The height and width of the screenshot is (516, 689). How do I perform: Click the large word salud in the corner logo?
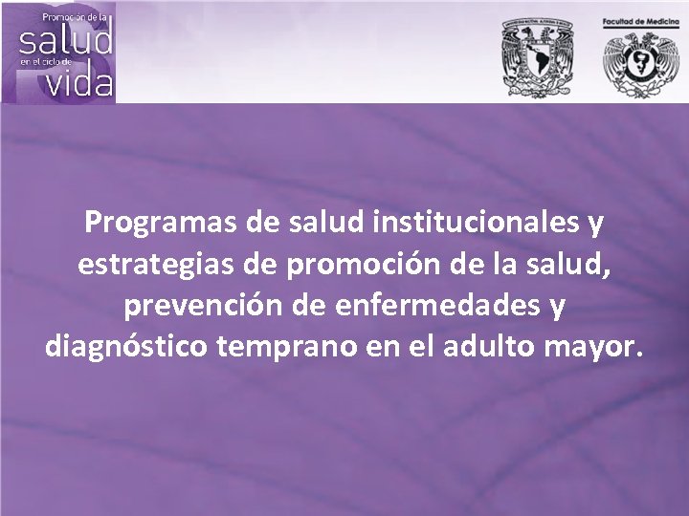point(66,41)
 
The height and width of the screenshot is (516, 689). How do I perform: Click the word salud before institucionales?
point(330,225)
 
